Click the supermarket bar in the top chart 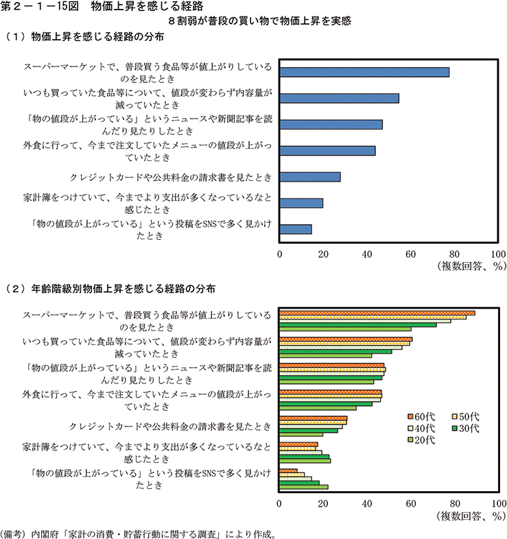click(364, 72)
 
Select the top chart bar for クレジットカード click(310, 177)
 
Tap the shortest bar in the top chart click(296, 229)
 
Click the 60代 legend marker click(409, 416)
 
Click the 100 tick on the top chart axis click(498, 253)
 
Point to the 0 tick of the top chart click(280, 253)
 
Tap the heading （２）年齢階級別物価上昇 click(110, 288)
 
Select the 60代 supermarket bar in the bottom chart click(377, 313)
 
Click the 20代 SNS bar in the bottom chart click(303, 488)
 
